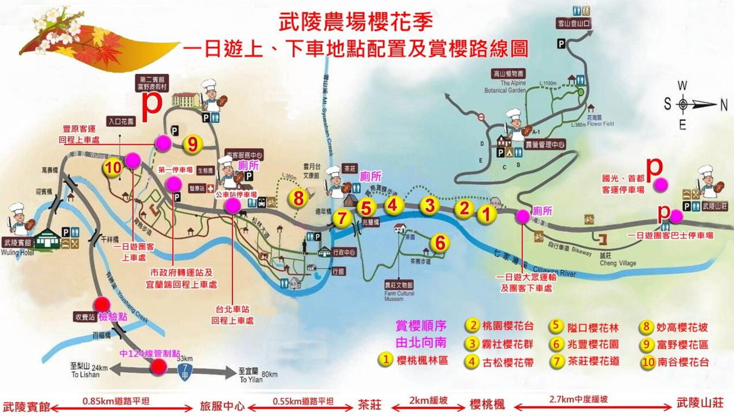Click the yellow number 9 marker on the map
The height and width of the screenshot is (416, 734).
[x=193, y=144]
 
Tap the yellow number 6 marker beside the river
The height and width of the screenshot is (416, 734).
[x=440, y=243]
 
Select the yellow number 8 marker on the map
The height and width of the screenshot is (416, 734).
[x=298, y=198]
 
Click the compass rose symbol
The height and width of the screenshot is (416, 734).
[x=683, y=104]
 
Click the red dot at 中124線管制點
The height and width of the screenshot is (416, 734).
[x=158, y=367]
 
